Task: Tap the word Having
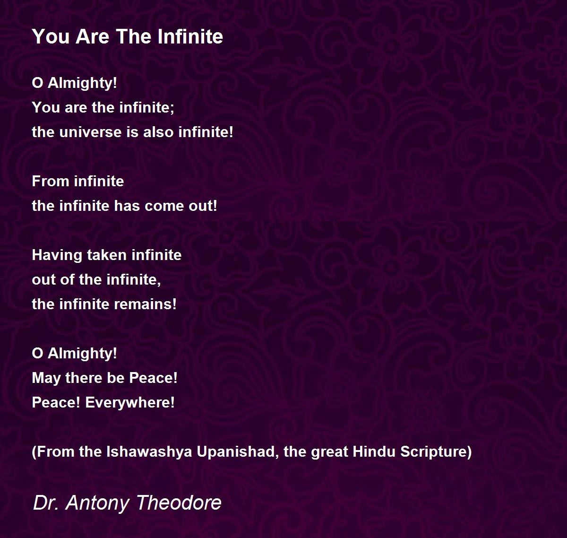coord(57,255)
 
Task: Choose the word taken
coord(107,255)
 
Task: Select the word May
coord(46,378)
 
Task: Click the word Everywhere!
coord(130,403)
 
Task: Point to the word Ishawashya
coord(149,451)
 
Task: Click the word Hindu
coord(374,451)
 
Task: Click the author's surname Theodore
coord(179,503)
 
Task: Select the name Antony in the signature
coord(97,503)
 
